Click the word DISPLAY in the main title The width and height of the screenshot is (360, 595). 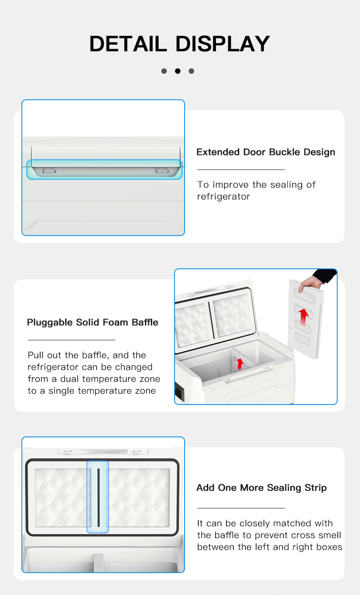coord(223,44)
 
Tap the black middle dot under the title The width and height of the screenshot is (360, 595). coord(178,71)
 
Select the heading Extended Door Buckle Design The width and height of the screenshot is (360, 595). coord(266,152)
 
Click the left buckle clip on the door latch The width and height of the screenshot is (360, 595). coord(49,170)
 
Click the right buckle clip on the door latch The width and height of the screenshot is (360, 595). coord(161,170)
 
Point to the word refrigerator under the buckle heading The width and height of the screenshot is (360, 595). coord(223,197)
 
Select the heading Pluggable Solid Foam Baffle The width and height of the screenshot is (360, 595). coord(93,323)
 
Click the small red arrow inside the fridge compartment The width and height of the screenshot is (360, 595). coord(240,364)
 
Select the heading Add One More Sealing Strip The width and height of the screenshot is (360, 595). coord(261,488)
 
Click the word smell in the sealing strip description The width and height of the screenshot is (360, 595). coord(329,535)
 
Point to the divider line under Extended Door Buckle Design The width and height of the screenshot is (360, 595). coord(241,170)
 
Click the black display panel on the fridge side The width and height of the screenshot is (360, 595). coord(178,391)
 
